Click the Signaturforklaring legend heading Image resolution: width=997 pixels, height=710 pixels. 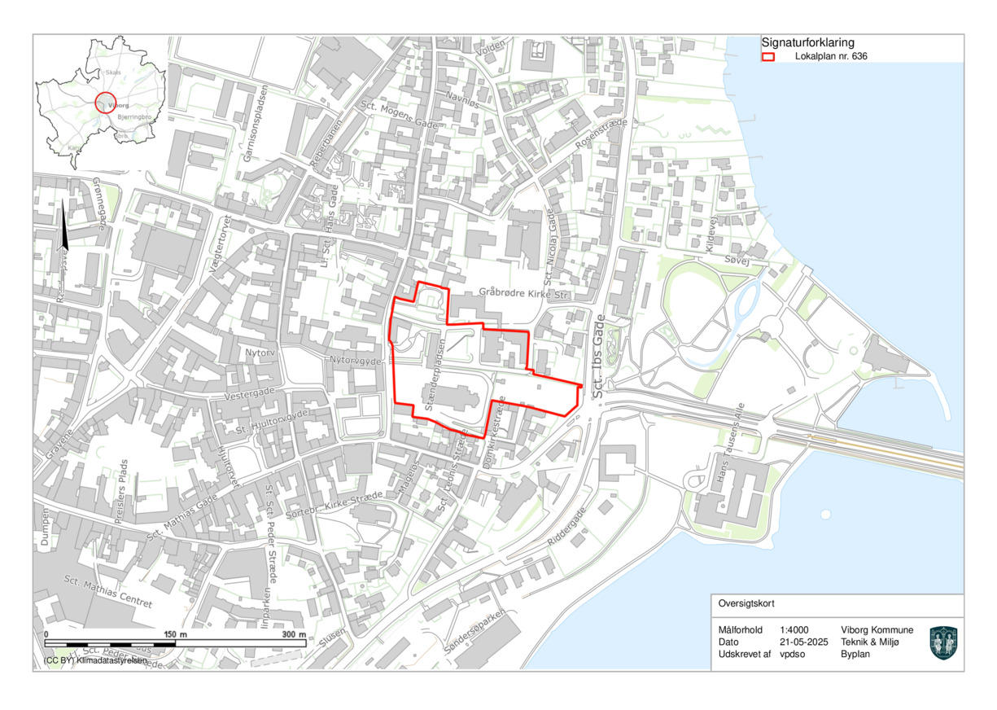pos(807,42)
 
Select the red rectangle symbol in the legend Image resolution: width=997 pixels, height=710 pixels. pos(767,57)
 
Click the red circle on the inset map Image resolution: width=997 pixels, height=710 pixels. pos(107,103)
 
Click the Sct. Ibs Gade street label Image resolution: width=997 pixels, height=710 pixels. pos(601,357)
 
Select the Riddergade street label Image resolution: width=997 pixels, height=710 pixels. pos(566,528)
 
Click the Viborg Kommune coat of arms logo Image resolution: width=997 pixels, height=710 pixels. pos(943,642)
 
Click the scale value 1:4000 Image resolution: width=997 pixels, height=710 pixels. pos(794,630)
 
